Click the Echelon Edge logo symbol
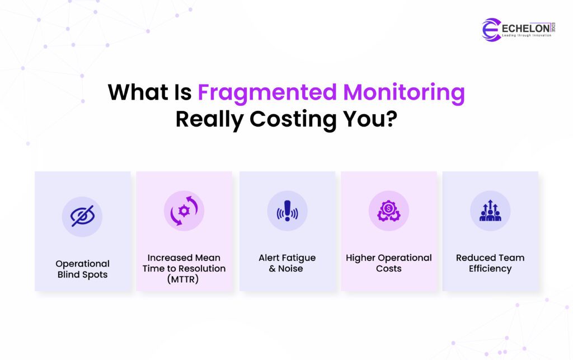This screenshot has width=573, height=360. click(491, 29)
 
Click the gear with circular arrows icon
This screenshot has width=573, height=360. click(184, 211)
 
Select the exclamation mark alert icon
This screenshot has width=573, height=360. click(287, 211)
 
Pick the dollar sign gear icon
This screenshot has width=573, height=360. click(388, 211)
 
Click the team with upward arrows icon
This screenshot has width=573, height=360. click(490, 211)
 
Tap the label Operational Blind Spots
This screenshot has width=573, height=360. click(82, 269)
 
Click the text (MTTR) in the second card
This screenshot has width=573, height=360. click(184, 279)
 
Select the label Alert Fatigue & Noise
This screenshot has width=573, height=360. click(287, 263)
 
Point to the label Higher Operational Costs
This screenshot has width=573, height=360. click(388, 263)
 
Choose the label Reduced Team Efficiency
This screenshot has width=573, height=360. click(490, 263)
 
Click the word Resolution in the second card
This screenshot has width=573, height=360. click(201, 269)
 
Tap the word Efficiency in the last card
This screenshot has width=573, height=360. click(490, 269)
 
